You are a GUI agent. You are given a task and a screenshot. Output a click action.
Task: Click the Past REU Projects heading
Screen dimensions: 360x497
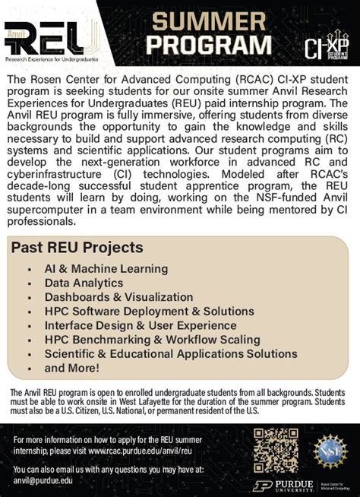pos(77,248)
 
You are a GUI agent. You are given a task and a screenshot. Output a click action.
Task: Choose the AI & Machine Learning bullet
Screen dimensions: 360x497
pos(106,269)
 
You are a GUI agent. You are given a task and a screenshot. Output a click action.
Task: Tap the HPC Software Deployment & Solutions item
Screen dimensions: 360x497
pos(149,312)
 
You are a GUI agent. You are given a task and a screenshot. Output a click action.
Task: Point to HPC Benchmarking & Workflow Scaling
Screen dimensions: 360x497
pos(152,340)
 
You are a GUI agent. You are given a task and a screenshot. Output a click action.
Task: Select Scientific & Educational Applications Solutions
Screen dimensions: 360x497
pos(170,354)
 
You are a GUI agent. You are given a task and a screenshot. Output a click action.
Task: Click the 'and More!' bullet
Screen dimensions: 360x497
pos(72,368)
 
